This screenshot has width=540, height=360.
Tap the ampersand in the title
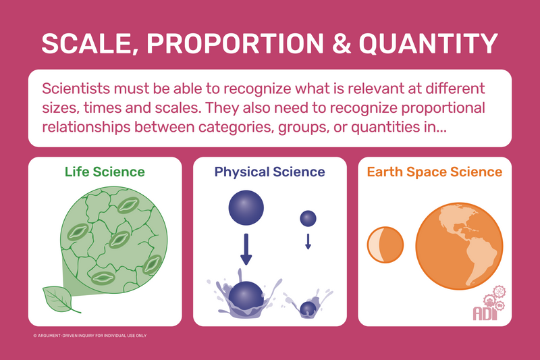tap(342, 44)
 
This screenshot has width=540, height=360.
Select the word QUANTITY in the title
tap(429, 44)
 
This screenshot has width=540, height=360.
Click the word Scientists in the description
tap(76, 88)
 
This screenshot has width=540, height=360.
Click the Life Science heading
tap(105, 172)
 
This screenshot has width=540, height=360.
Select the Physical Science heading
tap(269, 172)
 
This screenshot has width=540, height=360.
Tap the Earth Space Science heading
tap(435, 172)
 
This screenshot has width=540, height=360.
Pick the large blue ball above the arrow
tap(246, 208)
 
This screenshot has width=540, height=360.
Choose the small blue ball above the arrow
tap(308, 218)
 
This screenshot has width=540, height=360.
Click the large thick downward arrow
tap(246, 249)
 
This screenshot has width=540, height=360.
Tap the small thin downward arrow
tap(308, 242)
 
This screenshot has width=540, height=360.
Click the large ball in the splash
tap(246, 297)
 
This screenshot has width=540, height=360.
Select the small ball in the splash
tap(308, 309)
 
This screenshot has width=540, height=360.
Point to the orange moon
tap(385, 245)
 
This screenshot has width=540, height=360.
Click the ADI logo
tap(489, 303)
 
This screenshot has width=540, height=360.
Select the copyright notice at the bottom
tap(90, 336)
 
